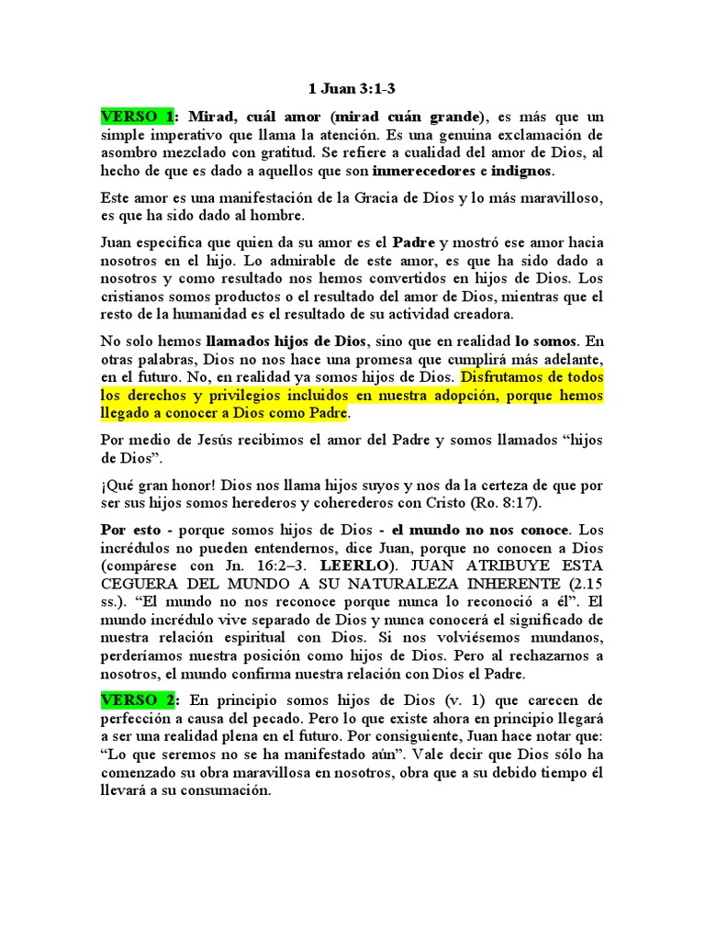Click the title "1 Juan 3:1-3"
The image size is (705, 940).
[352, 89]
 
